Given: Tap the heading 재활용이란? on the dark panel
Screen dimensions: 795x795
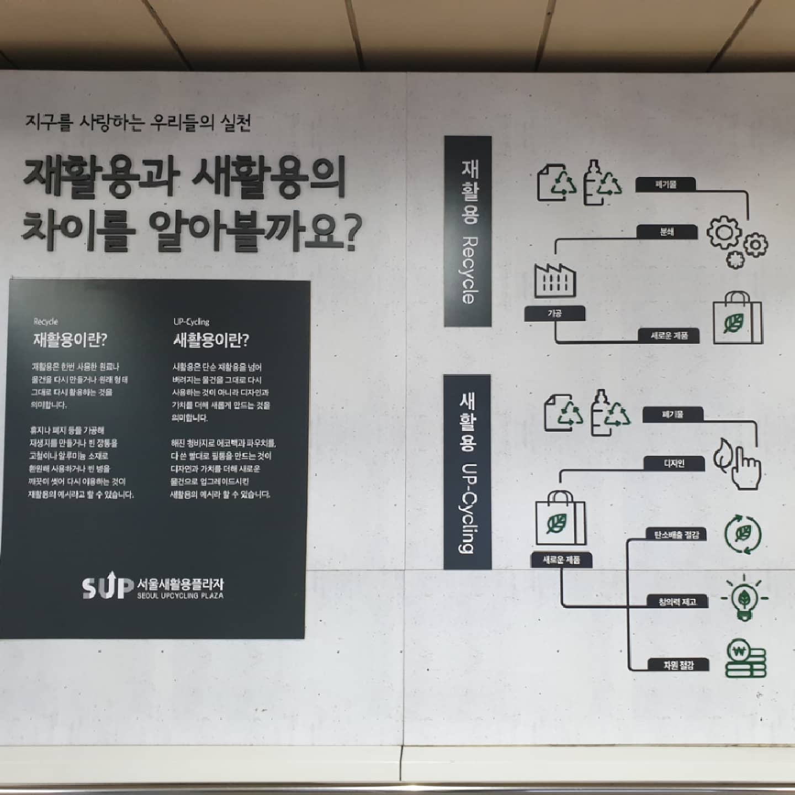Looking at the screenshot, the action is [x=70, y=339].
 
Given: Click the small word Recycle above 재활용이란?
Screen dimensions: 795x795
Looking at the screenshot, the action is [x=46, y=321].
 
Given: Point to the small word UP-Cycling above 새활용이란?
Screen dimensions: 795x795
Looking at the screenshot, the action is [x=192, y=321].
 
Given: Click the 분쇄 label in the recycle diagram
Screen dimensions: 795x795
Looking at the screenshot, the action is [x=666, y=232].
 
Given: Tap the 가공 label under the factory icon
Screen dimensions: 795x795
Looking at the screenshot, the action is [x=554, y=314].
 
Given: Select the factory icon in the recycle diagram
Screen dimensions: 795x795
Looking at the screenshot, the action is [x=555, y=281].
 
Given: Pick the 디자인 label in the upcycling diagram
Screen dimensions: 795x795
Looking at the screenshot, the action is [x=674, y=463].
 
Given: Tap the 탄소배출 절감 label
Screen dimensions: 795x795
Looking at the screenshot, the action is [x=676, y=534].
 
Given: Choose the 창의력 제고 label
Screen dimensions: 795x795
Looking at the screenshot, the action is [x=677, y=602].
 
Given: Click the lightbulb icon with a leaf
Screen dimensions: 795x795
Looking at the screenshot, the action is [x=744, y=598].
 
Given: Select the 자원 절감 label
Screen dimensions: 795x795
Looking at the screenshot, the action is [x=678, y=665].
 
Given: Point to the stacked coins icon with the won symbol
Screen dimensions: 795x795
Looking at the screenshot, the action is [x=745, y=659].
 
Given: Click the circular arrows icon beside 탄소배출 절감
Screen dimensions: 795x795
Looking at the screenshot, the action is [x=743, y=534].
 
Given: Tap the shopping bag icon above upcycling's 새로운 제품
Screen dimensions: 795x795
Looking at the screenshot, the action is [x=560, y=519].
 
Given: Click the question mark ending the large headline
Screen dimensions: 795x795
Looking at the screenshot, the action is [x=349, y=232].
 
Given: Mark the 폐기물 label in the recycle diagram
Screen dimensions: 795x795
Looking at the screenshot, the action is [x=666, y=184].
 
